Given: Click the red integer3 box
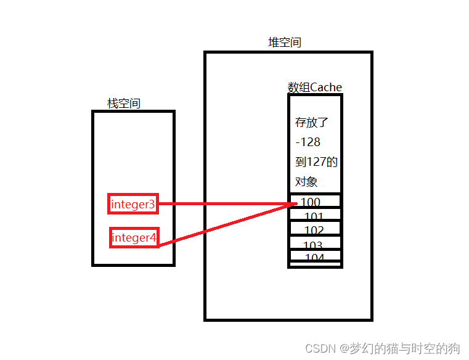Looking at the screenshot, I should [x=133, y=204].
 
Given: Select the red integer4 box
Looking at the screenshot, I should [x=134, y=238].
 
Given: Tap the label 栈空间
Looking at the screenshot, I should [x=124, y=104].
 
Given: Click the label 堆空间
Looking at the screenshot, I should [x=285, y=43].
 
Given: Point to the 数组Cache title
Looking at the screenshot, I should [x=314, y=88].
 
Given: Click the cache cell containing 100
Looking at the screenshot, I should [x=314, y=202].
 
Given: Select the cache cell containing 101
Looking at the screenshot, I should [x=314, y=216].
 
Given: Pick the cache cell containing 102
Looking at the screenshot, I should [x=314, y=230].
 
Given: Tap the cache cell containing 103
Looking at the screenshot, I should [x=314, y=244].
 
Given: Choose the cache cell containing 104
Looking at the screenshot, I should [x=314, y=256].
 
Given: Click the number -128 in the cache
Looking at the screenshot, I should [x=308, y=142].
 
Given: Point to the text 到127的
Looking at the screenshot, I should [x=316, y=162].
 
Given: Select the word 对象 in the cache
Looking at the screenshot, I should [x=306, y=182].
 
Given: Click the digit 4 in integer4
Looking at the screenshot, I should [x=153, y=238].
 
